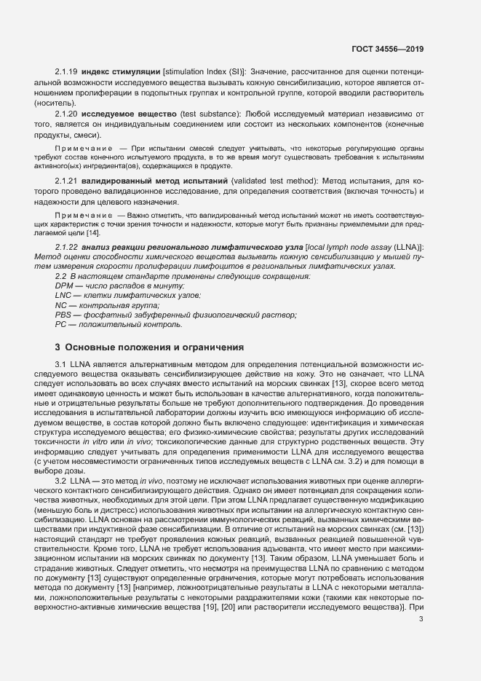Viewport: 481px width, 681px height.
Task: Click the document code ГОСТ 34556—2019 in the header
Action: point(387,49)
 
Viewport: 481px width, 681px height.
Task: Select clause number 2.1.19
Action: point(66,71)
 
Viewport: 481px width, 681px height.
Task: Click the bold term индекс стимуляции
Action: point(121,71)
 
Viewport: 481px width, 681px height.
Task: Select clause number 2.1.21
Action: point(66,180)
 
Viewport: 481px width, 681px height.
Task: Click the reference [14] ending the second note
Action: point(93,233)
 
